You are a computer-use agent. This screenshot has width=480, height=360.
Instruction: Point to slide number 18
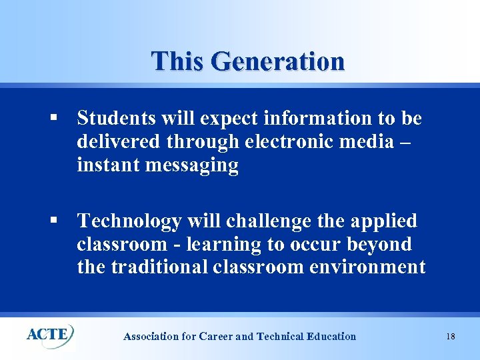[x=451, y=337]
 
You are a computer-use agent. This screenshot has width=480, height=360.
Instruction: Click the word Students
[x=117, y=118]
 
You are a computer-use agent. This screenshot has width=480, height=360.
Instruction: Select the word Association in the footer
[x=151, y=337]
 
